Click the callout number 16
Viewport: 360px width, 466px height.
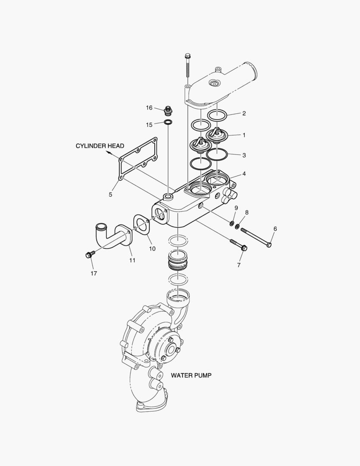click(x=149, y=107)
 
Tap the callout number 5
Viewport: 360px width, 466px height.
click(x=110, y=195)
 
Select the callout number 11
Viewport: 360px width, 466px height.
click(x=132, y=260)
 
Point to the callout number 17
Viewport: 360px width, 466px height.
click(x=94, y=274)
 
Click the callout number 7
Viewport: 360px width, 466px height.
click(x=239, y=265)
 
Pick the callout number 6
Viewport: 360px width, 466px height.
click(x=275, y=229)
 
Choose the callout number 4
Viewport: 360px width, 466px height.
click(x=244, y=174)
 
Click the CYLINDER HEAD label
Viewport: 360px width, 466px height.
click(x=100, y=146)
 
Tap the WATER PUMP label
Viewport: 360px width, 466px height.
click(x=191, y=375)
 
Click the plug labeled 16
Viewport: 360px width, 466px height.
click(x=169, y=111)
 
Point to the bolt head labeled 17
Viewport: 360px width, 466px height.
click(x=89, y=255)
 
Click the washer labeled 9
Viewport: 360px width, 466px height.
click(x=232, y=223)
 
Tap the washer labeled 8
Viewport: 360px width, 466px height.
click(x=238, y=227)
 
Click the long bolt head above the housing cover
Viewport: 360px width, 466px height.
click(x=187, y=56)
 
